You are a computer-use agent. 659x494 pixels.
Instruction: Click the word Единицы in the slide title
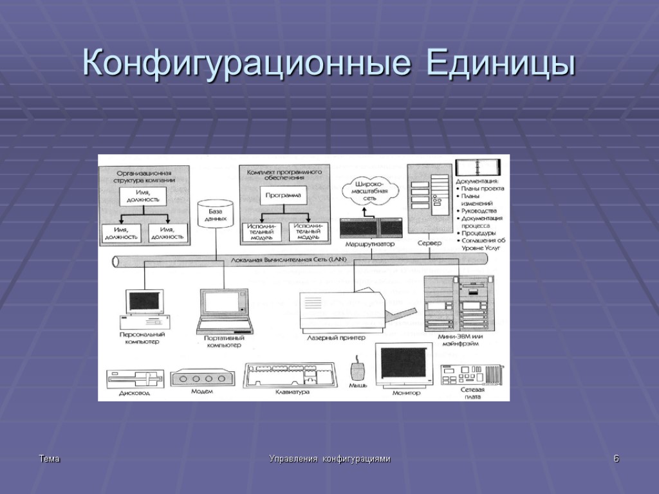pos(499,65)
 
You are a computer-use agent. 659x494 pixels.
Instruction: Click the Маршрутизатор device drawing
pos(371,227)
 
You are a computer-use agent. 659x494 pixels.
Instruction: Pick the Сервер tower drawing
pos(429,199)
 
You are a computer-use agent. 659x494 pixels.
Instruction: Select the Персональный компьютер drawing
pos(145,309)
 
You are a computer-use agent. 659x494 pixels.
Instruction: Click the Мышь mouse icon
pos(357,372)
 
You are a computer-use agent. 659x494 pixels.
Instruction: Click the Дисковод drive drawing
pos(135,379)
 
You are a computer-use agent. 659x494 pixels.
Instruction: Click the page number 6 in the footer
pos(616,459)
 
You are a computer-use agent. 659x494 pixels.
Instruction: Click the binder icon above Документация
pos(474,167)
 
